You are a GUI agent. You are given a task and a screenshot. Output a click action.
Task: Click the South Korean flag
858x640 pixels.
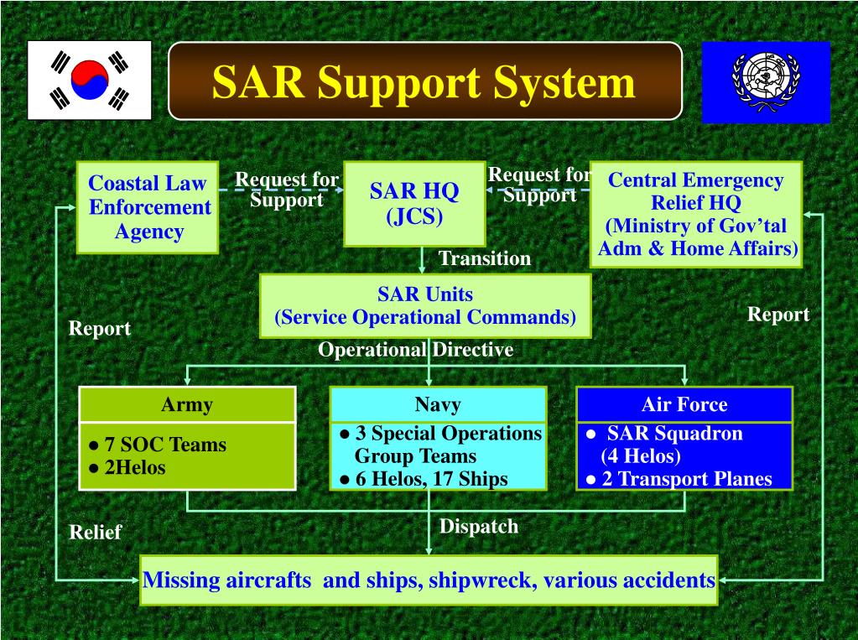click(x=89, y=80)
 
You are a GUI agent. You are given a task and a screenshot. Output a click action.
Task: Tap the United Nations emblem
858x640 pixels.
click(x=765, y=81)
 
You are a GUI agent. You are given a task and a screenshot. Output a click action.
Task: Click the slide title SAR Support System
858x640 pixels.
click(x=424, y=82)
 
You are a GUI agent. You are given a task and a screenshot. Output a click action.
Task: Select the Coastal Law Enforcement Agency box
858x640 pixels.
click(x=148, y=207)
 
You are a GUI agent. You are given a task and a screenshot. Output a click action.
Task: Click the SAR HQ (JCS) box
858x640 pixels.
click(x=414, y=203)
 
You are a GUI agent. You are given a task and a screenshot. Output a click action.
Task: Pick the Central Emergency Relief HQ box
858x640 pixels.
click(x=695, y=214)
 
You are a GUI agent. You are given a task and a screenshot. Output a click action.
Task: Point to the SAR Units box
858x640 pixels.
click(x=425, y=305)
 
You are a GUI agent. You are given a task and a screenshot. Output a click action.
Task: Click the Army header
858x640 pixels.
click(x=187, y=404)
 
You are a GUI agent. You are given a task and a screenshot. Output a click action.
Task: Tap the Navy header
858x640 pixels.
click(x=438, y=404)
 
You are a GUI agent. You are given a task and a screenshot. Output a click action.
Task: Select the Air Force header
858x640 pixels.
click(x=684, y=404)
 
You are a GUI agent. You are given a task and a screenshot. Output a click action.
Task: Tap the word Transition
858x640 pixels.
click(x=485, y=258)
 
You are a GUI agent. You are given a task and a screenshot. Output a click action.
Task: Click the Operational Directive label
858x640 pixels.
click(x=415, y=350)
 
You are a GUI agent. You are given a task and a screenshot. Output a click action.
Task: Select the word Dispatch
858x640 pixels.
click(x=479, y=526)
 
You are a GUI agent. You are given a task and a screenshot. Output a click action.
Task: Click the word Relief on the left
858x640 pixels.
click(x=95, y=532)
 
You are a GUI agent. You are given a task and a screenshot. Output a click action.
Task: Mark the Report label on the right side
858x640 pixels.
click(x=778, y=315)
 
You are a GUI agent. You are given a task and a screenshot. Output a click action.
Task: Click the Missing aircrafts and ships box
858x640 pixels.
click(x=429, y=580)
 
